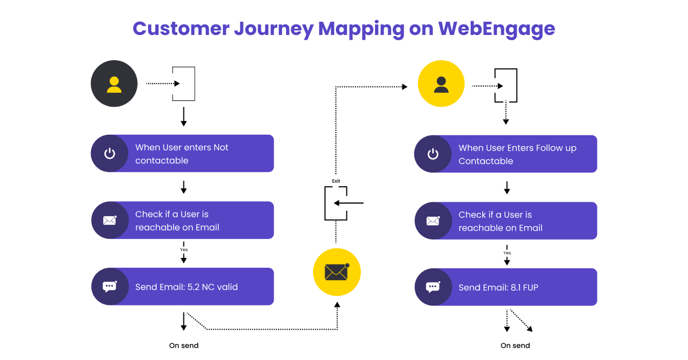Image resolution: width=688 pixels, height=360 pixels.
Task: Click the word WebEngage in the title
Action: [497, 28]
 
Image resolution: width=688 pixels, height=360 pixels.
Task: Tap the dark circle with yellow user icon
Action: [114, 84]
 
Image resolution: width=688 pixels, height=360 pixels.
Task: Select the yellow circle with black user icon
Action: [441, 84]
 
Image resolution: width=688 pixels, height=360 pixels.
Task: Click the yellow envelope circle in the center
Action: [336, 272]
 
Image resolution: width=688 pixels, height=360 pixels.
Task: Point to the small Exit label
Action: [336, 181]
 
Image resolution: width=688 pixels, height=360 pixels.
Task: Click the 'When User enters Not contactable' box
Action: [182, 154]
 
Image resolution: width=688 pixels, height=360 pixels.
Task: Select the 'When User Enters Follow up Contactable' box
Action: [506, 154]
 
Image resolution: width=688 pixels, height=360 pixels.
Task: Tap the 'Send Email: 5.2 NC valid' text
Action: [186, 287]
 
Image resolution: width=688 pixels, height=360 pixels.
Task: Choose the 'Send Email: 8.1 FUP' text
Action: [498, 287]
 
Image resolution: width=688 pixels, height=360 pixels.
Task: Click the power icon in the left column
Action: [110, 154]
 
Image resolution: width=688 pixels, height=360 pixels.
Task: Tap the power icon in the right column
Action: [433, 154]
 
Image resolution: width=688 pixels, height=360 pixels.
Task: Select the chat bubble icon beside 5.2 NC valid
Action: [110, 287]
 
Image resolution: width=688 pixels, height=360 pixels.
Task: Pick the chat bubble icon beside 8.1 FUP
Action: [433, 287]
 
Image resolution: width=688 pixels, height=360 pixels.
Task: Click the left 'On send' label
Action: [183, 346]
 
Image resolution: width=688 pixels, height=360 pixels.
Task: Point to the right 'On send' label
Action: [515, 346]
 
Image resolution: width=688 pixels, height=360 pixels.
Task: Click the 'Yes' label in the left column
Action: [183, 250]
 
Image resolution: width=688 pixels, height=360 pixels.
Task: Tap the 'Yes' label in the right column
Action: [507, 253]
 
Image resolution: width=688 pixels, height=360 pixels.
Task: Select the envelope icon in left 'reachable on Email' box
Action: [110, 220]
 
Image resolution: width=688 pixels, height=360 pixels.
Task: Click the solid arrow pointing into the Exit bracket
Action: [349, 203]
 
